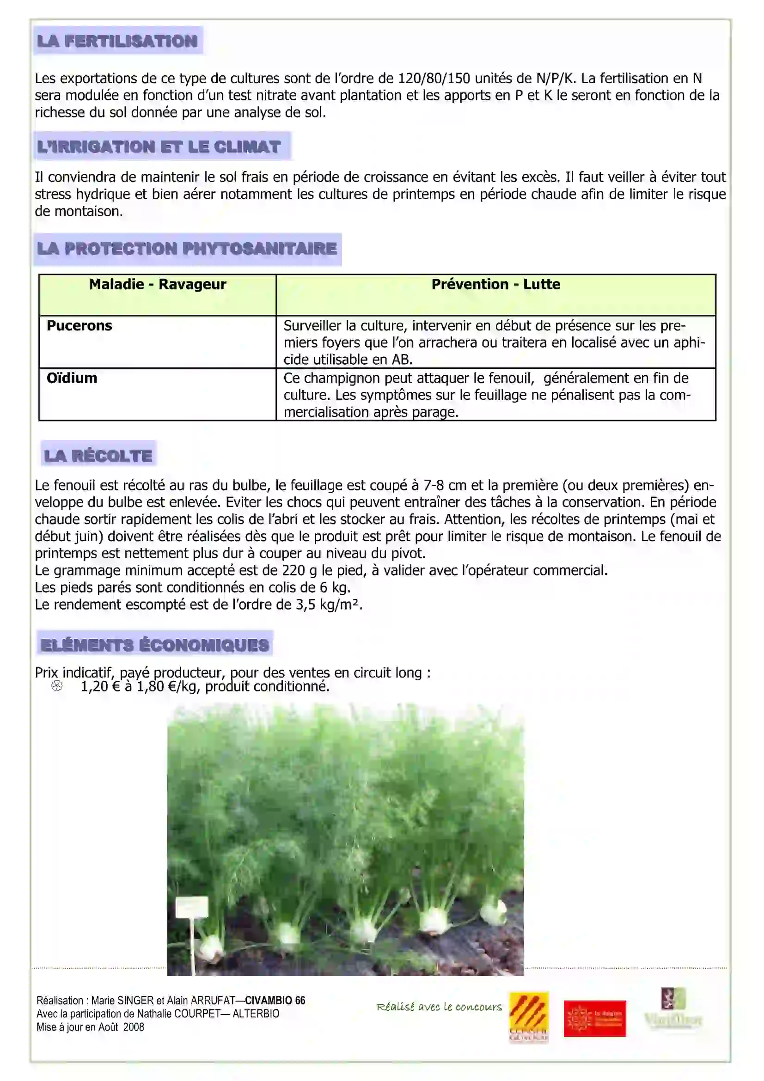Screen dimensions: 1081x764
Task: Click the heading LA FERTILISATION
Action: (117, 41)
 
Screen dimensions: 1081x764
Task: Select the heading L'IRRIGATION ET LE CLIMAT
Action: (159, 147)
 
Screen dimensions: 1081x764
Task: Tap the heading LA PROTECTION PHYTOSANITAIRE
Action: (187, 249)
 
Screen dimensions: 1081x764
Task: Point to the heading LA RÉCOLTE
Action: (98, 455)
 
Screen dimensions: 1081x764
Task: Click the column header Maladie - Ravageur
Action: (157, 284)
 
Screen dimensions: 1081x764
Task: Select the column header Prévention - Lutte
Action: (495, 284)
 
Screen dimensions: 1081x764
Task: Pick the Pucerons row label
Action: (79, 326)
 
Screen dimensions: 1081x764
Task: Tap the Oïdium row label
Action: (72, 378)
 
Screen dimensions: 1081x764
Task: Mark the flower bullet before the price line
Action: (56, 686)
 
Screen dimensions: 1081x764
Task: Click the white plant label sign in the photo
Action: (192, 906)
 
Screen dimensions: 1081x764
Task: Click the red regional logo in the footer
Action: (594, 1019)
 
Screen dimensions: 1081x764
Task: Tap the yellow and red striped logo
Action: (529, 1017)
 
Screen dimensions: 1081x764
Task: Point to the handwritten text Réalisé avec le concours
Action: (439, 1007)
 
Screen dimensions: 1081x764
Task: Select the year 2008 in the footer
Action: (133, 1027)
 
